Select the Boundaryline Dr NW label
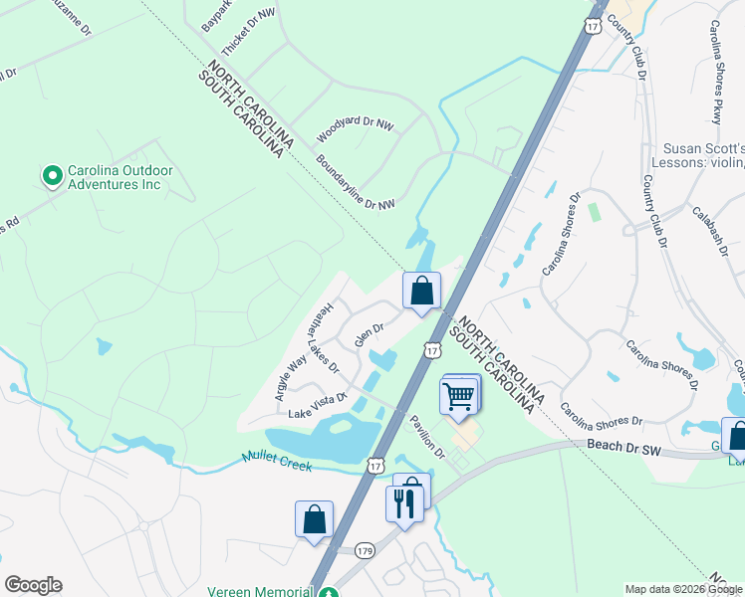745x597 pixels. coord(356,181)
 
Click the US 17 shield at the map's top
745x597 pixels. coord(594,25)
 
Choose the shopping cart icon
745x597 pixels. coord(458,395)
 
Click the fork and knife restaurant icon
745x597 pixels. coord(403,501)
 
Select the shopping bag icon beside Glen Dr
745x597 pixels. coord(421,291)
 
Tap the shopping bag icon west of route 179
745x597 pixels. coord(314,519)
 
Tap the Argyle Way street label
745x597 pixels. coord(290,378)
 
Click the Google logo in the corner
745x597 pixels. coord(33,585)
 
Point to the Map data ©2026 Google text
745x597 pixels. coord(683,589)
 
